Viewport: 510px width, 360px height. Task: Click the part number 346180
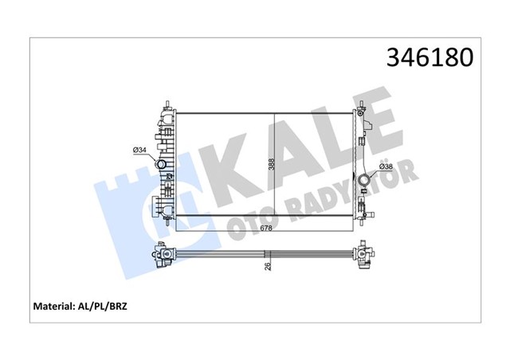[x=430, y=58]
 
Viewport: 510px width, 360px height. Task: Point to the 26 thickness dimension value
[x=269, y=268]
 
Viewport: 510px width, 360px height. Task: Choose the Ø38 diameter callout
[x=384, y=166]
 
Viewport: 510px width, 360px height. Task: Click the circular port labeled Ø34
[x=162, y=165]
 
